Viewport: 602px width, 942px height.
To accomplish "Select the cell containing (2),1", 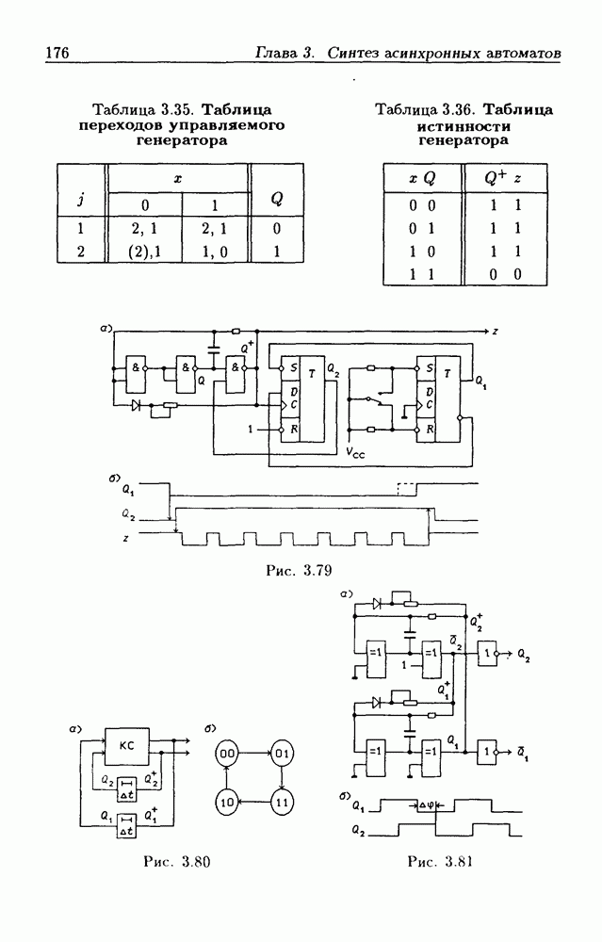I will (x=144, y=252).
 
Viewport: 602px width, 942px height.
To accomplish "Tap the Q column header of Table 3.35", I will (x=276, y=198).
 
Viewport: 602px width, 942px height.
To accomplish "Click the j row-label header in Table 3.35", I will (x=82, y=198).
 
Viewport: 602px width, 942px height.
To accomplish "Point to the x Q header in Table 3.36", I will (x=421, y=178).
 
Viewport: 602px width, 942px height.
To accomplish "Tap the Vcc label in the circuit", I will (x=360, y=452).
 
